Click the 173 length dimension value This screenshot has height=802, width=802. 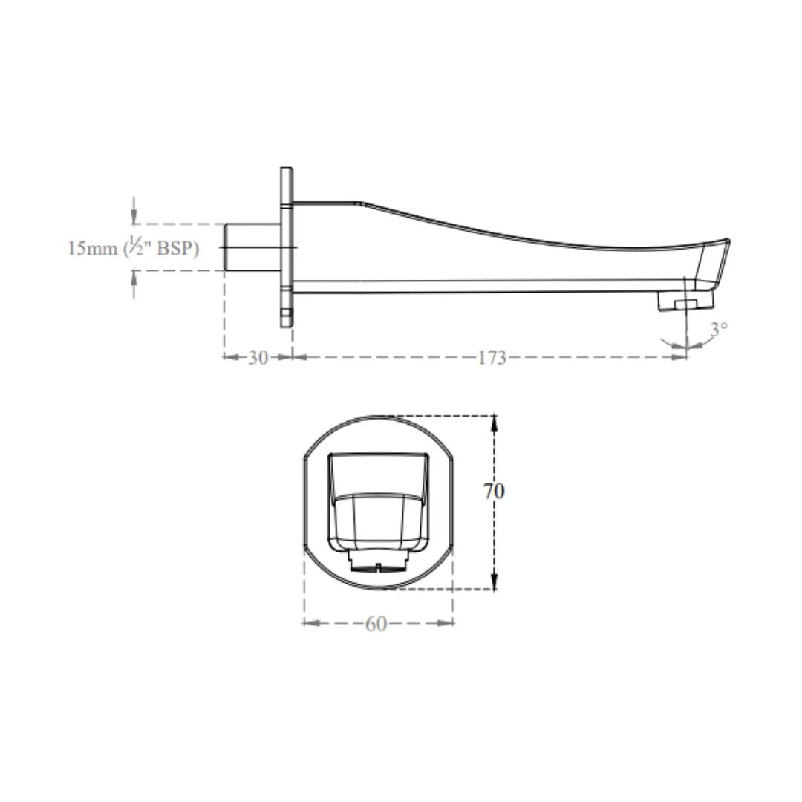pos(492,357)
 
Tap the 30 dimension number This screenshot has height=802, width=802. pos(258,357)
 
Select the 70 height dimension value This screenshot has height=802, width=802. pos(494,491)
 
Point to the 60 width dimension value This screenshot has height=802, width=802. pos(376,624)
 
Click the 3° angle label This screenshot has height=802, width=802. pos(719,329)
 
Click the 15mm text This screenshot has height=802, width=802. pos(92,249)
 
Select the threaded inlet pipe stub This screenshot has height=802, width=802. pos(252,247)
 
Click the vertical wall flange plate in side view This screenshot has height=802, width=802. pos(287,247)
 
